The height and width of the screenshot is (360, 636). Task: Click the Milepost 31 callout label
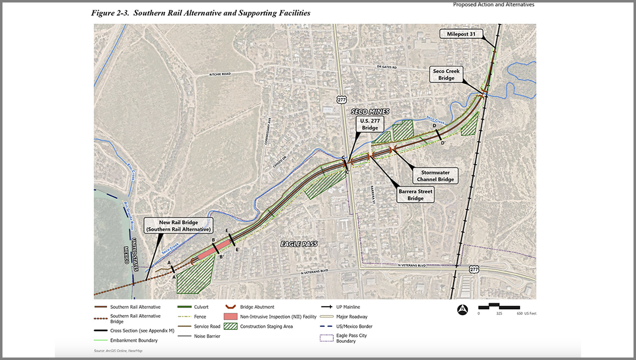click(x=461, y=34)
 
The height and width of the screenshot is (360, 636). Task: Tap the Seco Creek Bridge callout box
click(x=447, y=75)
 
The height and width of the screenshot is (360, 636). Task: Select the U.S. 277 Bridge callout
click(x=370, y=124)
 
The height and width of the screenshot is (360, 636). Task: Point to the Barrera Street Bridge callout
click(x=415, y=194)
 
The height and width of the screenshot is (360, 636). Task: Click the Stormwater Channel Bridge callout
click(x=435, y=176)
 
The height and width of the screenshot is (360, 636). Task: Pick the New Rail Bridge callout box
click(x=178, y=225)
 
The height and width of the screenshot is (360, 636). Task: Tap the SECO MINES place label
click(x=370, y=111)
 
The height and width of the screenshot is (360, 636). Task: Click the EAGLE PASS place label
click(x=298, y=244)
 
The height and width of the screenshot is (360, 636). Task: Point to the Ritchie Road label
click(x=219, y=74)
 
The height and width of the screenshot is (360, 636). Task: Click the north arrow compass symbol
click(x=462, y=309)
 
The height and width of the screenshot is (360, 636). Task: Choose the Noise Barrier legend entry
click(x=207, y=336)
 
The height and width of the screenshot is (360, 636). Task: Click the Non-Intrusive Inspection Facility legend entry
click(x=277, y=317)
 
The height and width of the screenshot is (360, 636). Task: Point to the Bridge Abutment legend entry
click(x=256, y=307)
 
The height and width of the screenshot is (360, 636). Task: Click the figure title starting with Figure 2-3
click(x=201, y=13)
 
